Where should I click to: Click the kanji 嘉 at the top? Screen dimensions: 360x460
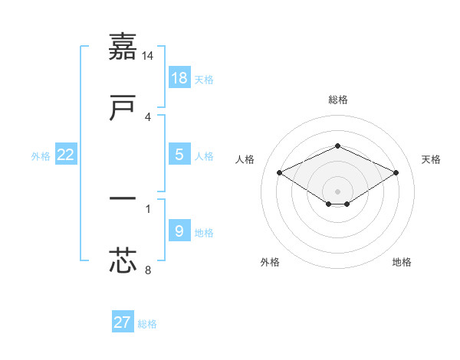coord(123,47)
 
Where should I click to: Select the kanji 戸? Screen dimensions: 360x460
coord(123,108)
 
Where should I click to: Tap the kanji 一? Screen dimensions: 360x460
coord(123,199)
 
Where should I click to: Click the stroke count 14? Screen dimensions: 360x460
coord(148,56)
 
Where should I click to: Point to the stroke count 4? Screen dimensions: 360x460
coord(148,117)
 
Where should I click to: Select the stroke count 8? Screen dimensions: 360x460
coord(148,270)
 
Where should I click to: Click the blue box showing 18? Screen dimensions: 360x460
coord(179,77)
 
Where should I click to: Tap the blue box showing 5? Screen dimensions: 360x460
coord(179,154)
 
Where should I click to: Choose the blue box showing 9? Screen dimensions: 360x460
coord(179,231)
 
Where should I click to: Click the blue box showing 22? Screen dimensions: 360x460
coord(66,154)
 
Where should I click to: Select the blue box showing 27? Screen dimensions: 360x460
coord(123,322)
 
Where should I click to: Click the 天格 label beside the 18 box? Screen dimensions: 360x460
coord(204,80)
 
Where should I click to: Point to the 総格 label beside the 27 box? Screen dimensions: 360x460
coord(147,324)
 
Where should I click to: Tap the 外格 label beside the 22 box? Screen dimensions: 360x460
coord(41,156)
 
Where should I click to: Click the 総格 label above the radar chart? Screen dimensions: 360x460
coord(337,100)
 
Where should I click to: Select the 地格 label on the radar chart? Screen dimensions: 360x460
coord(402,262)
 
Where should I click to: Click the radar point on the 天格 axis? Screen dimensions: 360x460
coord(396,173)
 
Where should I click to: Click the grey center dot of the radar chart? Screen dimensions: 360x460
coord(337,191)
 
